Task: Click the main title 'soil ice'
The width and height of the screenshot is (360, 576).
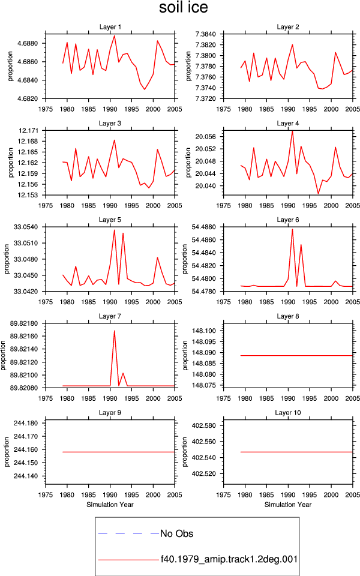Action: point(184,7)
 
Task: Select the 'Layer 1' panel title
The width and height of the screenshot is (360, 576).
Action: point(110,27)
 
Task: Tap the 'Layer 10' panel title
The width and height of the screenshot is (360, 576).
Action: point(287,413)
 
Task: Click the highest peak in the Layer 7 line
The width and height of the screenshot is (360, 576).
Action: point(114,331)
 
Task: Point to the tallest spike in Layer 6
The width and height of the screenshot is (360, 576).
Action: point(292,229)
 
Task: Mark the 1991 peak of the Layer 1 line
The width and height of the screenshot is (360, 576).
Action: point(115,35)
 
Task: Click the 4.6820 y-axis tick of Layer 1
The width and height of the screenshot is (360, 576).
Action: point(28,98)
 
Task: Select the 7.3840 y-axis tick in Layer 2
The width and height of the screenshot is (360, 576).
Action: point(206,34)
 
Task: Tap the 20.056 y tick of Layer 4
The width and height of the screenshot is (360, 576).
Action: point(205,137)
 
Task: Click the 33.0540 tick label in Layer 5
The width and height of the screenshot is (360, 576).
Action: point(26,227)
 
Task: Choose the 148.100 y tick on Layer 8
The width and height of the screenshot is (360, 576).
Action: point(204,331)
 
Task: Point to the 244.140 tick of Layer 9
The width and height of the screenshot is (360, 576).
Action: point(26,476)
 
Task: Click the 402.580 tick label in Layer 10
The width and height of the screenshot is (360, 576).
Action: point(204,426)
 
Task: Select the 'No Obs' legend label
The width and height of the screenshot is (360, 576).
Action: point(176,533)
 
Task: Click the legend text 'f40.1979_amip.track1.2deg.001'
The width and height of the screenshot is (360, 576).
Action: point(229,559)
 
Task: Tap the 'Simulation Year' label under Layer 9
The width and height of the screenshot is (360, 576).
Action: point(110,505)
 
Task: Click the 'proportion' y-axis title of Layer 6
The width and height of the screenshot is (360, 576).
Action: point(184,259)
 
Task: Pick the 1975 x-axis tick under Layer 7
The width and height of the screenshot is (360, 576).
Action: point(46,398)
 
